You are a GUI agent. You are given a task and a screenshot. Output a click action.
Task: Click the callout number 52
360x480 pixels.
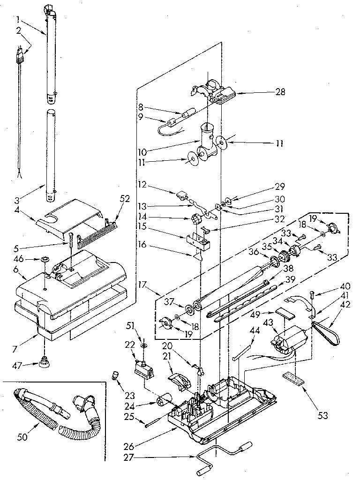pos(124,199)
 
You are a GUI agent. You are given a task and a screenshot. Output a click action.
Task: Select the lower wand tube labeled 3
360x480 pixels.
pos(51,155)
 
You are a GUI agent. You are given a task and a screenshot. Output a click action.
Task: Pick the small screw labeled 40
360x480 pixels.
pos(312,296)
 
